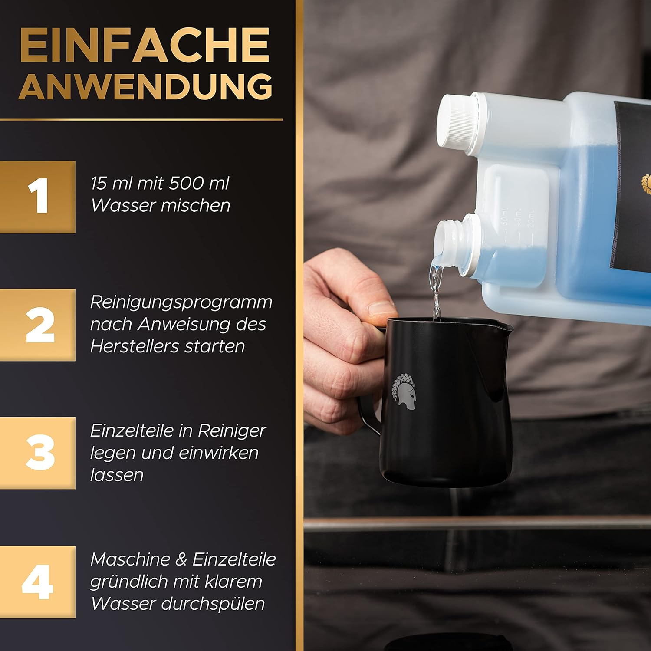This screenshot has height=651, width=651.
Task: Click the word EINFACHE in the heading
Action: (145, 45)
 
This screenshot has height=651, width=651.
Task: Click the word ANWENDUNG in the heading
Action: (145, 86)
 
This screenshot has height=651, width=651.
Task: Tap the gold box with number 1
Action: (38, 197)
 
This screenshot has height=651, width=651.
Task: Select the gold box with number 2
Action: (38, 325)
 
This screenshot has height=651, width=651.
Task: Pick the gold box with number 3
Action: (38, 453)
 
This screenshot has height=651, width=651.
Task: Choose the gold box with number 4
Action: (38, 582)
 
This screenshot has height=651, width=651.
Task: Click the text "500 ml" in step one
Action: (199, 183)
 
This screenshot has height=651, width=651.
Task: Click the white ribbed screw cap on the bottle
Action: (457, 122)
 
